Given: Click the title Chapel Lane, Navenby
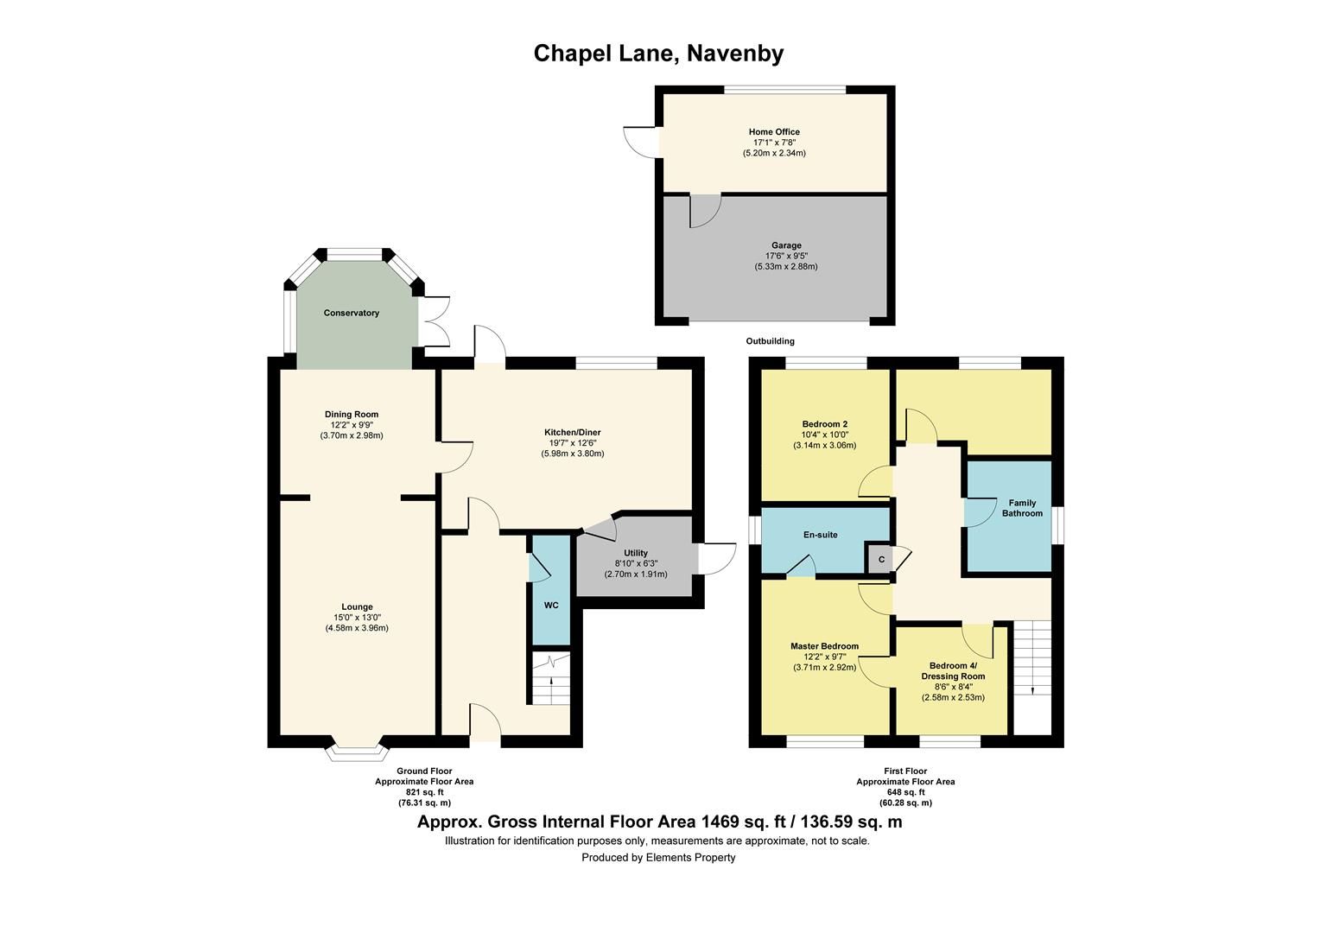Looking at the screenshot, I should click(x=658, y=54).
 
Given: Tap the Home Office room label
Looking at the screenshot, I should click(x=774, y=132).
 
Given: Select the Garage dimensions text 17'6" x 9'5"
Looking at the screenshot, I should click(x=785, y=256).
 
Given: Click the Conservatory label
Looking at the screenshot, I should click(x=352, y=313).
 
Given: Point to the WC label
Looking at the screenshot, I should click(x=551, y=605).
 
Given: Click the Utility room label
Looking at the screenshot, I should click(x=635, y=553).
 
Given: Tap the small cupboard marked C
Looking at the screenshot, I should click(x=881, y=560).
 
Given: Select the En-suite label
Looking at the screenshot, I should click(x=820, y=535).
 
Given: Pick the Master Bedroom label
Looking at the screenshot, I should click(x=824, y=646).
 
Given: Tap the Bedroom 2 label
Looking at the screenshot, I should click(x=824, y=424).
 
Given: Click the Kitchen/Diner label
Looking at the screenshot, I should click(x=572, y=432).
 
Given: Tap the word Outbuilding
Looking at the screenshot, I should click(x=770, y=341).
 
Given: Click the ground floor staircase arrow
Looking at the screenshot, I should click(x=552, y=689).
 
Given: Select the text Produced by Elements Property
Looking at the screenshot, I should click(x=658, y=858).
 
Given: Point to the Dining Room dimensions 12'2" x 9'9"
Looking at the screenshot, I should click(x=351, y=425).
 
